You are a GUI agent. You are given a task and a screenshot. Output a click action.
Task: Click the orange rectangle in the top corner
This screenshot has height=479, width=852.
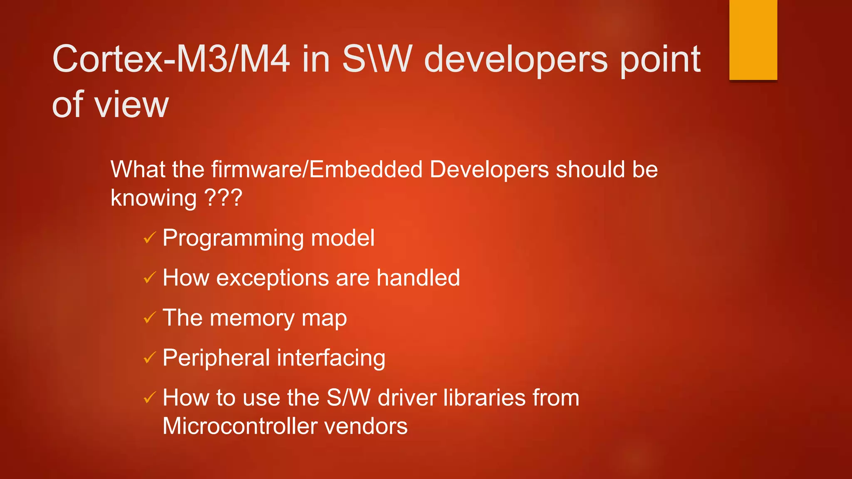coord(753,40)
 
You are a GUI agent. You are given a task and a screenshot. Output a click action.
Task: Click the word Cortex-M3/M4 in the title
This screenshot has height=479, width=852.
coord(171,59)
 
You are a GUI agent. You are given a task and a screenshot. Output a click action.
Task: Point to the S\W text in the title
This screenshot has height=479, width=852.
coord(377,59)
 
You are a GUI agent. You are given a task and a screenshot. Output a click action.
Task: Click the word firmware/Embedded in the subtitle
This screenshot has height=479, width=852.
coord(317,170)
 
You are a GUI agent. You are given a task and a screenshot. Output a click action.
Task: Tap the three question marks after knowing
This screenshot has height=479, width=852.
coord(223,198)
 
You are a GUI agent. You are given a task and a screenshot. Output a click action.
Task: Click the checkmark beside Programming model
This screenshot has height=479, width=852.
coord(149,238)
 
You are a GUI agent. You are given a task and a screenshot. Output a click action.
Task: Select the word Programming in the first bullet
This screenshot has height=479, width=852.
coord(233,238)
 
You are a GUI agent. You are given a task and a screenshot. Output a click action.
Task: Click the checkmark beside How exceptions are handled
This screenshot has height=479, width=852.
coord(149,278)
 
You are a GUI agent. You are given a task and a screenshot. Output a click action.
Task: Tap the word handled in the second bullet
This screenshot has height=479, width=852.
coord(418,278)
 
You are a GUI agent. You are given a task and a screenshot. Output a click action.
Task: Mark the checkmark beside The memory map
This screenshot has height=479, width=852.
coord(149,318)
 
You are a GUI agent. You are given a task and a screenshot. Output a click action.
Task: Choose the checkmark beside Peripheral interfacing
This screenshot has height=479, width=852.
coord(149,358)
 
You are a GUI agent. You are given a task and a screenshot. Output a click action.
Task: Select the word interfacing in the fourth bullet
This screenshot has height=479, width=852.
coord(331,358)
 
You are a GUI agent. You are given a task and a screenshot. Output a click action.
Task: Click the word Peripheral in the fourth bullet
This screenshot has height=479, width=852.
coord(216,358)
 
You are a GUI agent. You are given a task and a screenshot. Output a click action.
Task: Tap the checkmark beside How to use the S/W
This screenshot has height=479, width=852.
coord(149,398)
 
